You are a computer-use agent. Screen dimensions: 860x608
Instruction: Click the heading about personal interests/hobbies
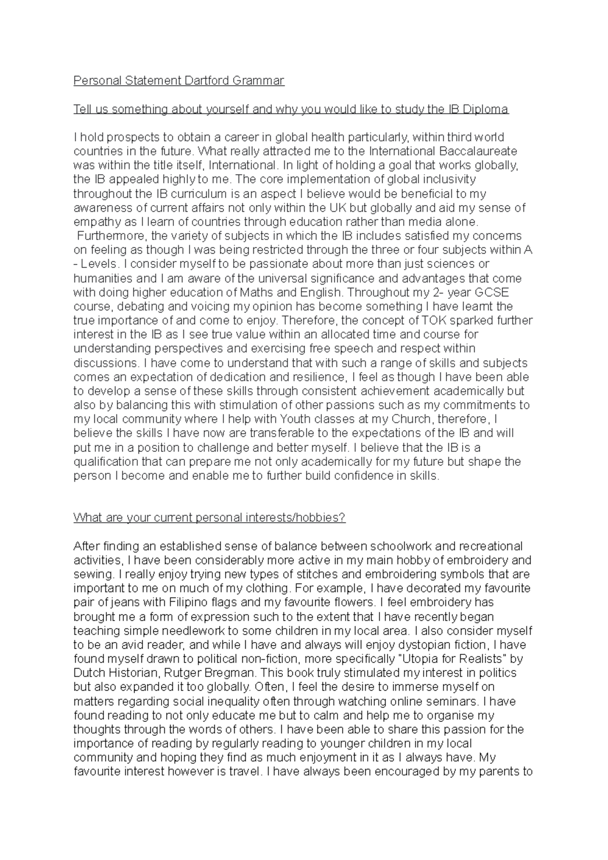click(x=209, y=518)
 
